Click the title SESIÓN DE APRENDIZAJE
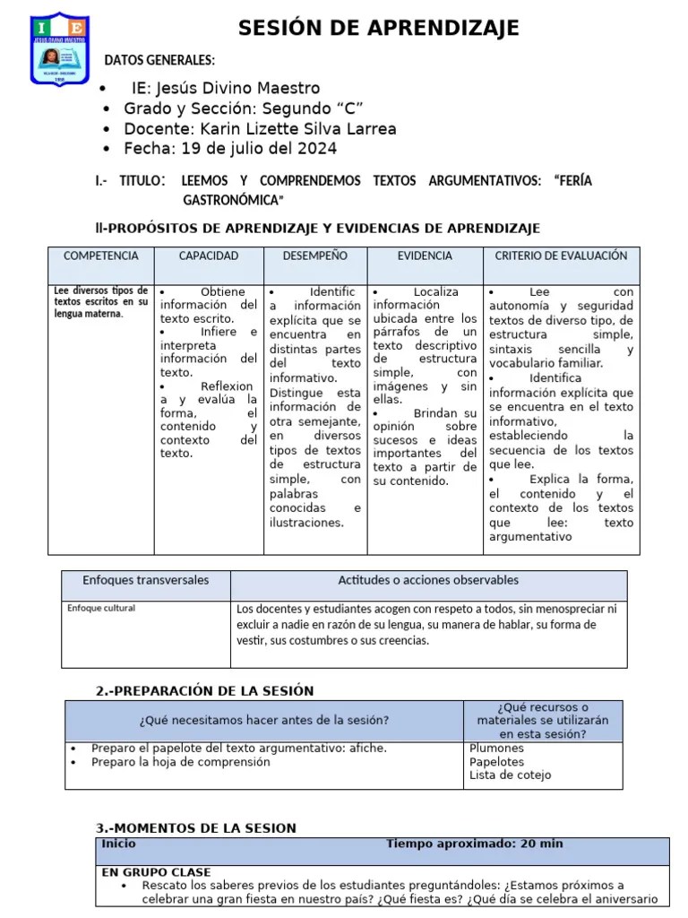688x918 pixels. (x=378, y=29)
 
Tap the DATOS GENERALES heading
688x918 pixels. (x=159, y=61)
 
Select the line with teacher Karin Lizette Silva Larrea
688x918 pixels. (x=260, y=128)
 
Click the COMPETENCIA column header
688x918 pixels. (x=100, y=256)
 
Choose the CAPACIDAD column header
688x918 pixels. (x=209, y=256)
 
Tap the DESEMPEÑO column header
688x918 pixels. (x=314, y=256)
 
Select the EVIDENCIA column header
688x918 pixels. (x=425, y=256)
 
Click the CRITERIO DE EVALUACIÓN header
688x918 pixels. (x=561, y=256)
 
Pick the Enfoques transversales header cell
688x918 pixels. (x=145, y=581)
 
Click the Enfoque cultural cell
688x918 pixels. (x=101, y=609)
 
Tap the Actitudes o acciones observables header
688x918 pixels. (x=428, y=581)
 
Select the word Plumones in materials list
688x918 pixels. (x=496, y=749)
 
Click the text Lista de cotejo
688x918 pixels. (x=510, y=775)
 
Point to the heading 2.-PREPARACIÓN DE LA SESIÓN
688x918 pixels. (x=204, y=690)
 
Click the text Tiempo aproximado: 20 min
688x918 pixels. (x=474, y=844)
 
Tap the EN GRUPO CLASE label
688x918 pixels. (x=156, y=872)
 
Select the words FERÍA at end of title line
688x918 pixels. (x=573, y=181)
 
